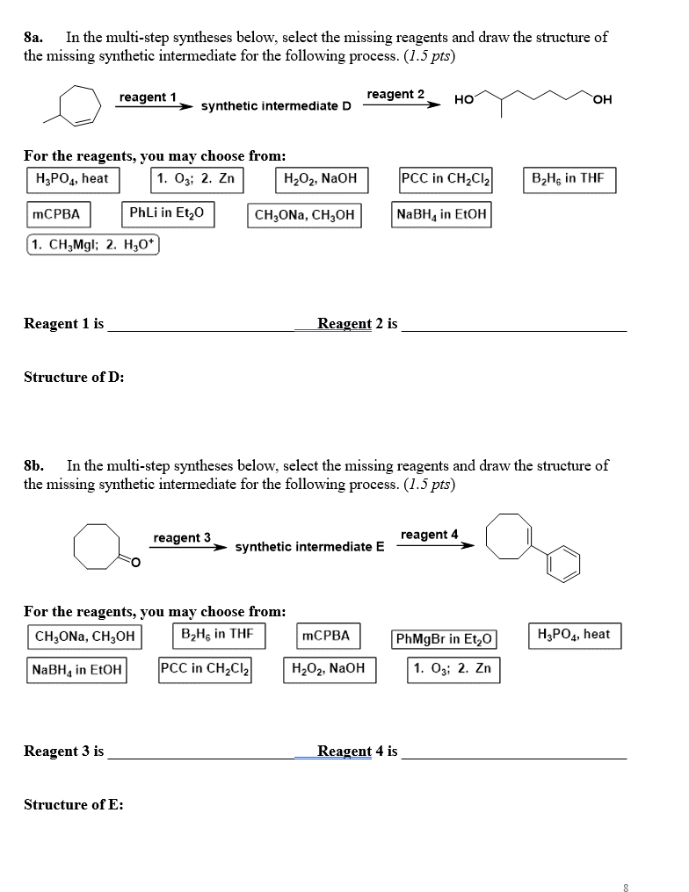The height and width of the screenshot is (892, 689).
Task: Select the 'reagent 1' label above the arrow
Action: pos(148,97)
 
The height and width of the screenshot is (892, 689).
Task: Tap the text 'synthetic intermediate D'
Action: pos(276,106)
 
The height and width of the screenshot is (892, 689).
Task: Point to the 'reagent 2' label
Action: pos(395,94)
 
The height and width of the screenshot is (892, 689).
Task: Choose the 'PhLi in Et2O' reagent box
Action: pos(166,213)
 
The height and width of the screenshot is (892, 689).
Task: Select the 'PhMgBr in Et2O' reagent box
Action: pos(445,638)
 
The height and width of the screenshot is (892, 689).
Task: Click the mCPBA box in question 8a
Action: pos(55,213)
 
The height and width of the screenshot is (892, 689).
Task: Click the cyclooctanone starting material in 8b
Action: pos(102,545)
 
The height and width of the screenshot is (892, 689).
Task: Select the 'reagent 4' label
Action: pos(429,535)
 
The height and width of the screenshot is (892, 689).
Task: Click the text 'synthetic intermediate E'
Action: pos(309,547)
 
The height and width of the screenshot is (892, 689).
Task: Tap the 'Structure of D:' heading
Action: pos(74,378)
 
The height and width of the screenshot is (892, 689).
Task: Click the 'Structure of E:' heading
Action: pos(73,805)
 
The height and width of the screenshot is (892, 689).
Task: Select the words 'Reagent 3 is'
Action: pos(63,752)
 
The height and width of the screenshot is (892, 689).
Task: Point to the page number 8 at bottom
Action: pos(626,888)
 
